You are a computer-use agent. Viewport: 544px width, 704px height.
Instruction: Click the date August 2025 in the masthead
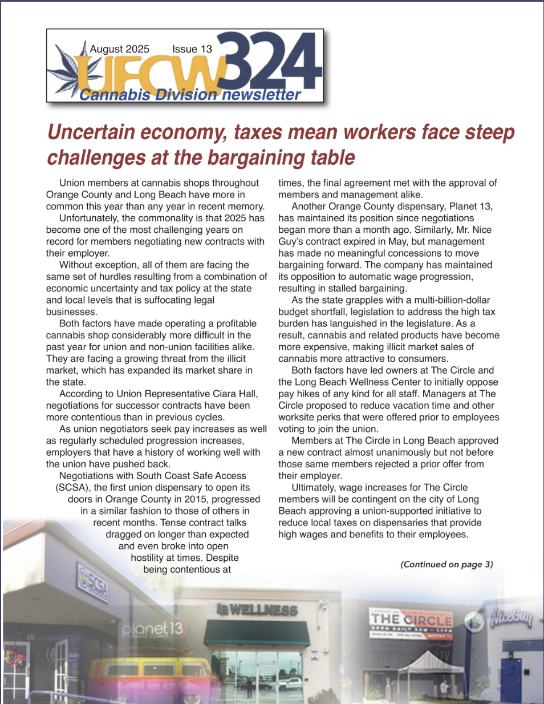[x=119, y=49]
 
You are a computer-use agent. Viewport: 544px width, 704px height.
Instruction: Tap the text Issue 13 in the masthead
[x=192, y=49]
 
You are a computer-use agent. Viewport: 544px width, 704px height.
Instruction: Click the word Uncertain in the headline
[x=91, y=132]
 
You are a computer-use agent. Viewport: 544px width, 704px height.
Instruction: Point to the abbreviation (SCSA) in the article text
[x=73, y=488]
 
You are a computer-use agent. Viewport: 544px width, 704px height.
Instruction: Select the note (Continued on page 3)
[x=446, y=564]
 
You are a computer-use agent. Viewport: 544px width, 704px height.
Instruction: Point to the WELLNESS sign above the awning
[x=258, y=610]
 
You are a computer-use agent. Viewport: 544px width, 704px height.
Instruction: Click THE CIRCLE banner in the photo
[x=411, y=620]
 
